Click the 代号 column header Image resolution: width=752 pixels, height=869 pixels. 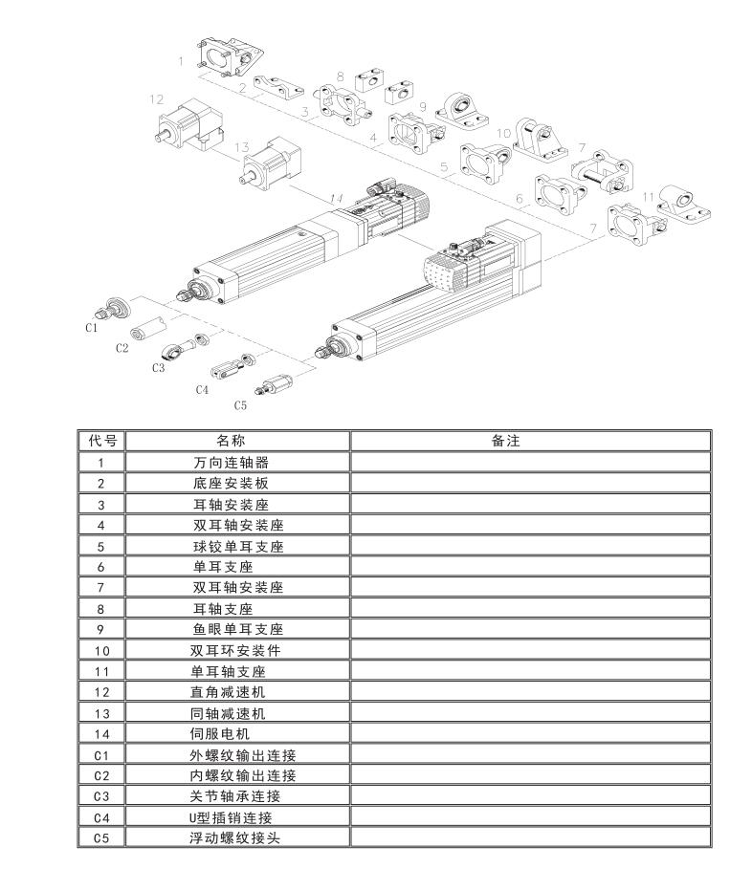tap(102, 441)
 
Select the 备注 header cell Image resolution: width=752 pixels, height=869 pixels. tap(505, 441)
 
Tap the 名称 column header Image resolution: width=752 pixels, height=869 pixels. tap(231, 441)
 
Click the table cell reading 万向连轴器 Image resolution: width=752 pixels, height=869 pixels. tap(231, 462)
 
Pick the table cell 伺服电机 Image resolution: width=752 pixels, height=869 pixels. tap(220, 734)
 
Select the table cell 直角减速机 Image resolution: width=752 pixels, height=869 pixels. tap(228, 692)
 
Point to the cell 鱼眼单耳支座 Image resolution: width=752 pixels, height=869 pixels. tap(238, 630)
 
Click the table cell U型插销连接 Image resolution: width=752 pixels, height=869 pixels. tap(231, 817)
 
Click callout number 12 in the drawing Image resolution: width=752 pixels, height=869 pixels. tap(156, 99)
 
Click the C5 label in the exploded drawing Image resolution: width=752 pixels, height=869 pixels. tap(240, 405)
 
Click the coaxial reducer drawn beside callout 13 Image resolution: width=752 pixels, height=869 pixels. tap(270, 163)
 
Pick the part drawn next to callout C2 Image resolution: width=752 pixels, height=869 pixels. tap(147, 328)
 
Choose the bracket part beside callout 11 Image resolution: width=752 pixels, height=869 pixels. tap(685, 205)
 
